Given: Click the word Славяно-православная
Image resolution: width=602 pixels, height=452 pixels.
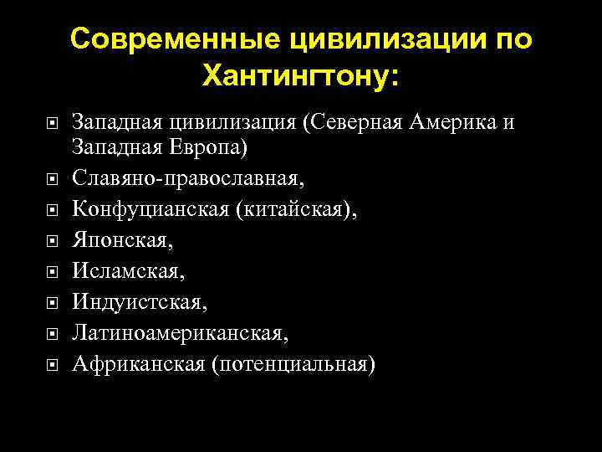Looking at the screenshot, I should (x=187, y=178).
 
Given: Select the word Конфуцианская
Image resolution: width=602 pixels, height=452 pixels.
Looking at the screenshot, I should (x=150, y=209).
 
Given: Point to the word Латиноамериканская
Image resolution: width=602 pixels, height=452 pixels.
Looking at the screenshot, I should (x=180, y=332).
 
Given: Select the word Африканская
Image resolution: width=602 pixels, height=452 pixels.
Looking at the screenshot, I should (x=138, y=363).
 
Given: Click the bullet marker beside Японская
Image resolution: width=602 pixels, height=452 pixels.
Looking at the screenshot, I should (x=52, y=241).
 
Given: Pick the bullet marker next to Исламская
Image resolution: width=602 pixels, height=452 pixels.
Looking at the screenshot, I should (x=52, y=272).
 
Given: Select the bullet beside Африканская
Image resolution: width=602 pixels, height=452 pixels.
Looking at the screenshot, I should (x=52, y=365).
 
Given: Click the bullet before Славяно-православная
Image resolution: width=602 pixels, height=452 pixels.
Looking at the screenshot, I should (x=52, y=179).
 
